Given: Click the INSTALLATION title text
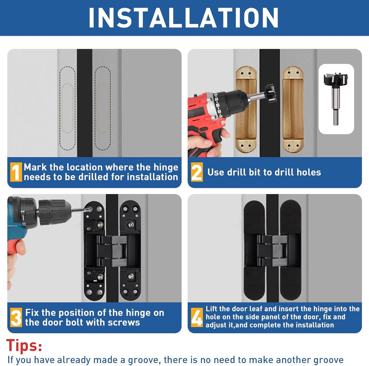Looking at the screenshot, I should [183, 17].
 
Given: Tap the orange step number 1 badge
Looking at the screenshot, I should [16, 172].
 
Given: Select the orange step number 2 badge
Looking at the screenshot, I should [197, 172].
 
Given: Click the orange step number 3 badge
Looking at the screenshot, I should [16, 317].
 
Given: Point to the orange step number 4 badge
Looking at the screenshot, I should [197, 317].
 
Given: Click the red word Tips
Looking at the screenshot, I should [24, 346].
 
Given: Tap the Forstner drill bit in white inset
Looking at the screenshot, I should [336, 97].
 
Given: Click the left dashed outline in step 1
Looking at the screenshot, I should [67, 109].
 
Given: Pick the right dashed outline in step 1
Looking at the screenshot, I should [103, 109].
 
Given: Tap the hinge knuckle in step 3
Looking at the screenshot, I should [112, 251].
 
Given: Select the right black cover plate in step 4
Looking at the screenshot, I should [291, 251].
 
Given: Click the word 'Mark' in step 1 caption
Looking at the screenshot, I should [35, 167].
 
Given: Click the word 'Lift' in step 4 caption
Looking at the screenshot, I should [213, 309].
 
